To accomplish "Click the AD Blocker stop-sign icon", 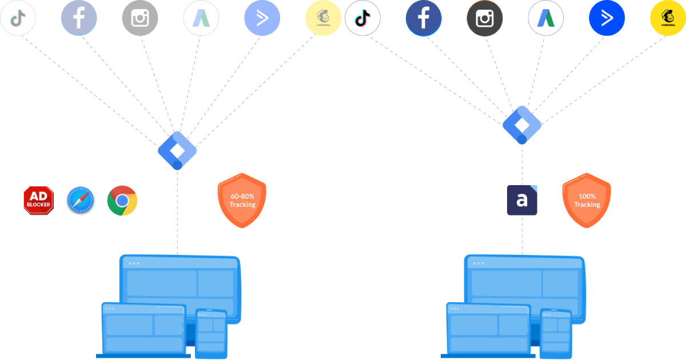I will pos(38,200).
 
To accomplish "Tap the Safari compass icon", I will pos(81,200).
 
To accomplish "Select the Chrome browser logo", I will pos(122,201).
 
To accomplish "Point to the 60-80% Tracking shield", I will pos(242,201).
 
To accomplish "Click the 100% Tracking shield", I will pos(587,201).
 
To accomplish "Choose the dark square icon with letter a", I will pos(522,200).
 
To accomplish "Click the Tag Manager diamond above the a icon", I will pos(522,125).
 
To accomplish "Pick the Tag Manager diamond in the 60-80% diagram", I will pos(177,150).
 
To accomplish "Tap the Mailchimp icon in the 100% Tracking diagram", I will pos(668,18).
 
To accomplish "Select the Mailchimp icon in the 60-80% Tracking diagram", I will pos(323,18).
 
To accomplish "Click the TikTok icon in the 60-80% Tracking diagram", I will pos(18,18).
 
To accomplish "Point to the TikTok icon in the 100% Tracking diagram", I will pos(362,18).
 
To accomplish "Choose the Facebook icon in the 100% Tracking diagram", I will pos(424,18).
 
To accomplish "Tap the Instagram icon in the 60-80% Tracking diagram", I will pos(140,18).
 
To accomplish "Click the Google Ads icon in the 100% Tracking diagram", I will pos(545,18).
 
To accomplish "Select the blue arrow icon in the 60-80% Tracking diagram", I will pos(262,18).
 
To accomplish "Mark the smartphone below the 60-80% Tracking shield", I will pos(211,333).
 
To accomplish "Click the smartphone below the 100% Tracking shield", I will pos(556,333).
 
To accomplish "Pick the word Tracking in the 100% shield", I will pos(587,205).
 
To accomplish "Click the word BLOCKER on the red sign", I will pos(38,205).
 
